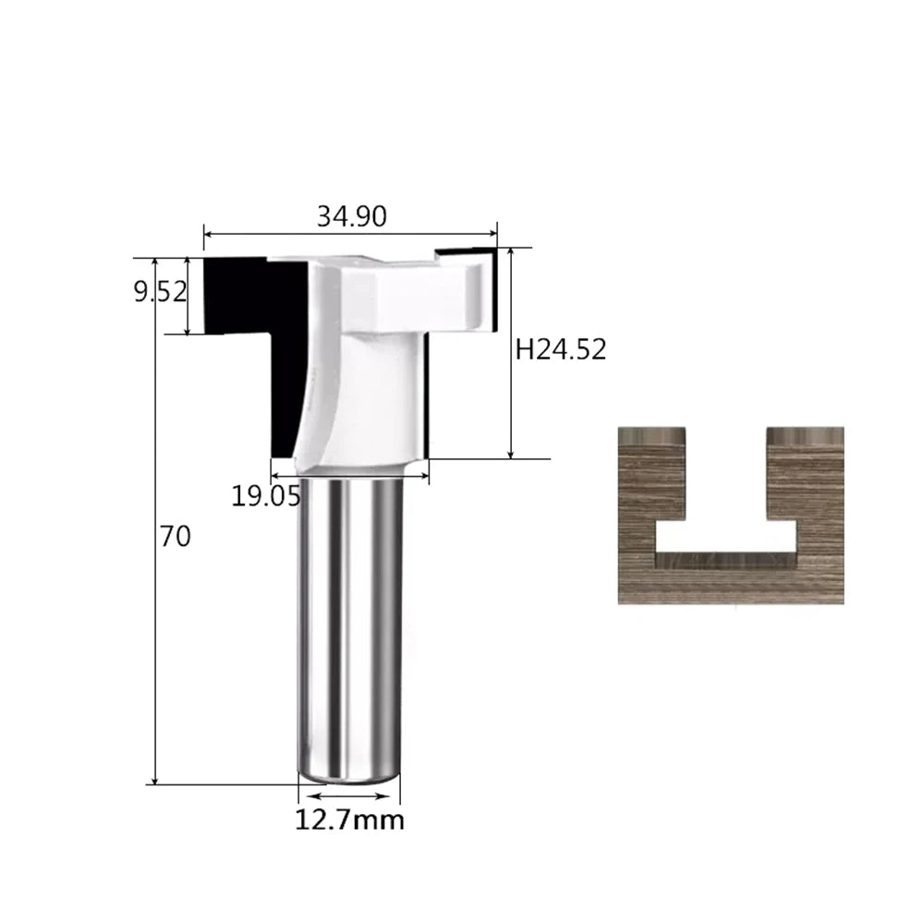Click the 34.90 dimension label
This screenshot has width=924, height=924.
(x=352, y=216)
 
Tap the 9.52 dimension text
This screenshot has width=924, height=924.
(x=160, y=292)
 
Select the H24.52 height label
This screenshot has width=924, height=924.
(x=561, y=349)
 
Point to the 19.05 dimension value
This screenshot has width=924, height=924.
(x=266, y=496)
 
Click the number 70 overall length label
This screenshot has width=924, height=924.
(x=175, y=536)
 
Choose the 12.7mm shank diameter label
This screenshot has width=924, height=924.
(x=349, y=820)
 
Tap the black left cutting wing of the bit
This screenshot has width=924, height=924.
(x=260, y=342)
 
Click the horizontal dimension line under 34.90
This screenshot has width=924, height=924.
(x=350, y=234)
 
